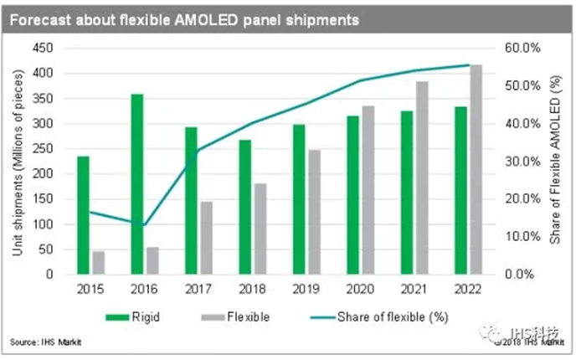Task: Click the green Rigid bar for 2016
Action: coord(137,184)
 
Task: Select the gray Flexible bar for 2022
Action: coord(476,169)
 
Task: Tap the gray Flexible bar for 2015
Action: coord(99,263)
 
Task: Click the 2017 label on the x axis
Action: coord(198,290)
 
